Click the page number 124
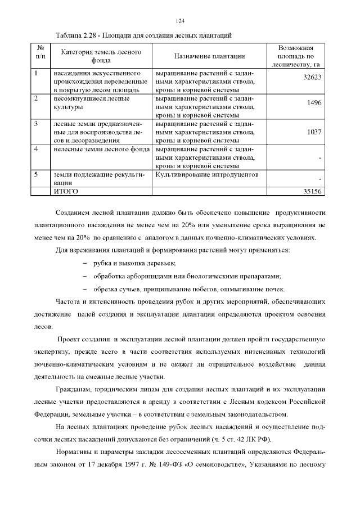[x=180, y=21]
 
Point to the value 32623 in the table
[x=312, y=77]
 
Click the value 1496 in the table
[x=314, y=103]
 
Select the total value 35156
[x=312, y=192]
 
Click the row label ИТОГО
[x=65, y=192]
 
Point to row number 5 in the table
[x=36, y=175]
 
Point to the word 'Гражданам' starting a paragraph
[x=75, y=389]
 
